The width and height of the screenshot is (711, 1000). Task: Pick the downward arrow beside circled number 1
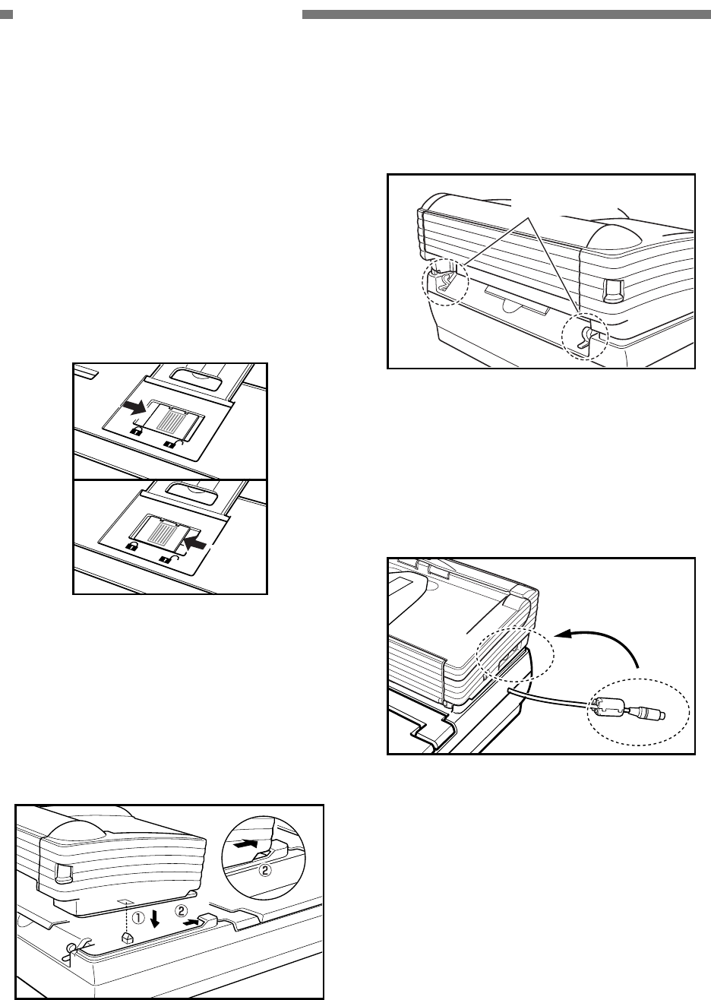point(155,920)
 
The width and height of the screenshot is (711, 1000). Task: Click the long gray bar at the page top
point(505,14)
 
